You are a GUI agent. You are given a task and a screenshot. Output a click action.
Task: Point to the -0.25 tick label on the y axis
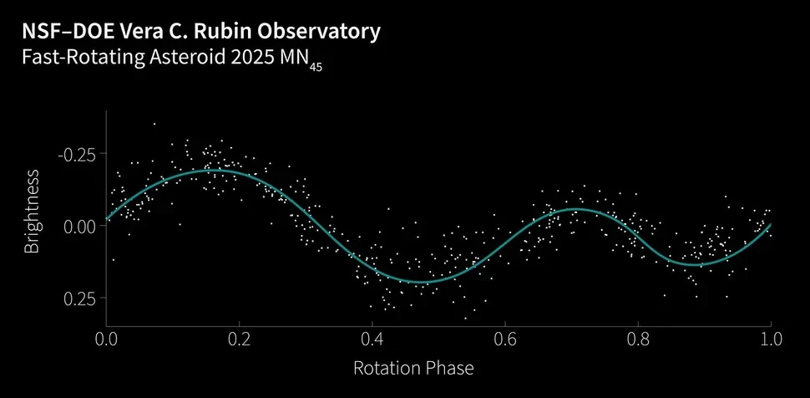tap(76, 154)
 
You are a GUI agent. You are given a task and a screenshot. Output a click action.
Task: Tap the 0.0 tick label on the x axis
tap(106, 339)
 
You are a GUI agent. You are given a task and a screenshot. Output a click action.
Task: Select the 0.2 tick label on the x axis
tap(239, 339)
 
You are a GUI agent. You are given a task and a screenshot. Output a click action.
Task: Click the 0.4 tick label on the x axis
tap(372, 339)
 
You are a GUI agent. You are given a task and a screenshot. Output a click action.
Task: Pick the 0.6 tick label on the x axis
tap(504, 339)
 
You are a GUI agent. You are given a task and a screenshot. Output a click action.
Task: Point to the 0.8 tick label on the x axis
tap(637, 339)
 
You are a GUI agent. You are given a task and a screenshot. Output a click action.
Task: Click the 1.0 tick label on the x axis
tap(770, 339)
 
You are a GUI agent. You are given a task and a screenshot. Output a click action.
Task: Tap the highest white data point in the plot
tap(154, 124)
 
